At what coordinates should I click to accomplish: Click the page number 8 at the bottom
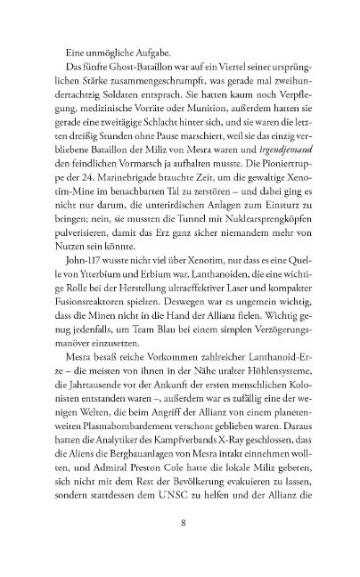[180, 546]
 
